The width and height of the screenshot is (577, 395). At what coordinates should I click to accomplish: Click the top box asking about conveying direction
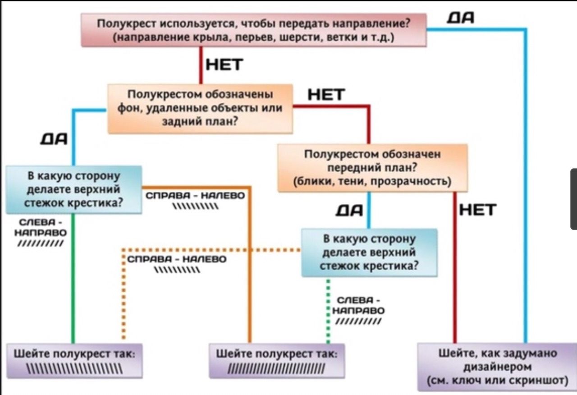253,30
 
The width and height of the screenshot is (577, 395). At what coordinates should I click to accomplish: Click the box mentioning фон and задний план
200,108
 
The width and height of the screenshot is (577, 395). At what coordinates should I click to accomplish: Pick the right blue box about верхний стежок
369,252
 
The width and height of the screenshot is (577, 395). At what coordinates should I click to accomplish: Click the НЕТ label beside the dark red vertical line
478,210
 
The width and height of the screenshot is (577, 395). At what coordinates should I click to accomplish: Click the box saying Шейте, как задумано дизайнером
497,366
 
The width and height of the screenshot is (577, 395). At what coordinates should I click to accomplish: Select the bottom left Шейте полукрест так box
74,360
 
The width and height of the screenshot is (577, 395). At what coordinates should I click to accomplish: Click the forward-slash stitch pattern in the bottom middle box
277,372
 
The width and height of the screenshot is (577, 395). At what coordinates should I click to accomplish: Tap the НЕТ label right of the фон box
326,95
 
